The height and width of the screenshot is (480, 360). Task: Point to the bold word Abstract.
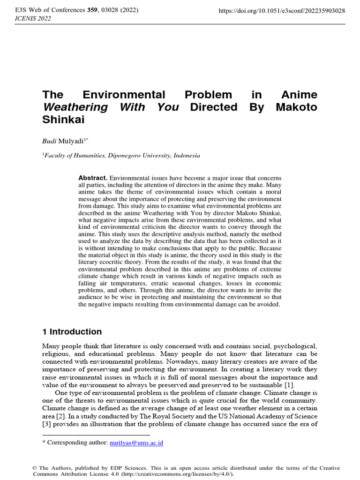[93, 178]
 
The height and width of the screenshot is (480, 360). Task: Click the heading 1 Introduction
[72, 332]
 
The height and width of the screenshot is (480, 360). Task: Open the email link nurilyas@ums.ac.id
[136, 442]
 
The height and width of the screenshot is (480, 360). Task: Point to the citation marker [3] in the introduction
[47, 424]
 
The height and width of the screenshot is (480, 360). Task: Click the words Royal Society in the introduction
[168, 416]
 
